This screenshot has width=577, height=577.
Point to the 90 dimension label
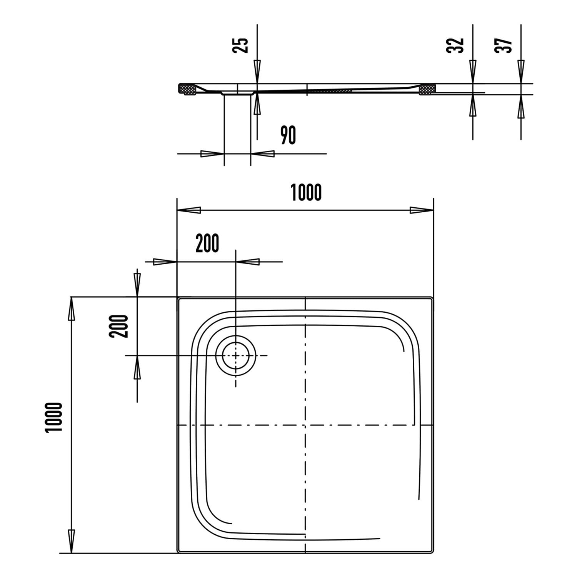point(288,135)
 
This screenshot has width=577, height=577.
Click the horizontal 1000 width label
point(306,192)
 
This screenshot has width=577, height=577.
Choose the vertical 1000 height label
point(53,417)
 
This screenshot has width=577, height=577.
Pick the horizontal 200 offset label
point(207,243)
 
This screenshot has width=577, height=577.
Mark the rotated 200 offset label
point(118,326)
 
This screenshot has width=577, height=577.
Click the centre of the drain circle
point(235,355)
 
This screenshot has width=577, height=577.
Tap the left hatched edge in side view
point(187,89)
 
